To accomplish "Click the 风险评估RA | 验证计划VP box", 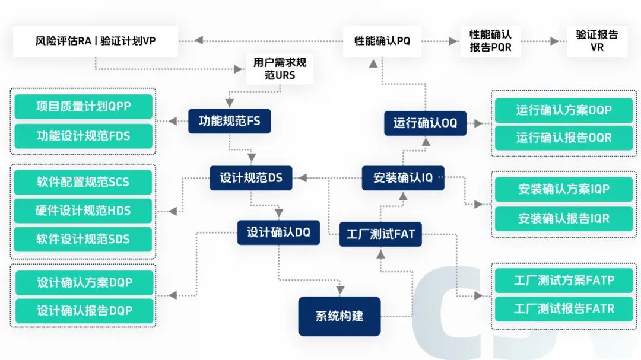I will coord(96,41).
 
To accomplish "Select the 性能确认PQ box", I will coord(382,41).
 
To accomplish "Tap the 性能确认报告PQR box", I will coord(490,41).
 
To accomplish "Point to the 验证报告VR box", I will coord(596,41).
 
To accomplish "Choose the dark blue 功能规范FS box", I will coord(229,122).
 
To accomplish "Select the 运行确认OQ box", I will coord(425,123).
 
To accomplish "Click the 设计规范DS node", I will coord(251,178).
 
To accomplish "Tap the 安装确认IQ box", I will coord(403,178).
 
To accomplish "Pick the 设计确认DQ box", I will coord(278,232).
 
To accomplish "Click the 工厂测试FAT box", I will coord(380,234).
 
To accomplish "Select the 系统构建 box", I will coord(339,316).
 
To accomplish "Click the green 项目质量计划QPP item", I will coord(83,107).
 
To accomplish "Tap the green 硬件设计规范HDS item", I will coord(83,211).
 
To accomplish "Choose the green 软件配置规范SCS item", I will coord(83,182).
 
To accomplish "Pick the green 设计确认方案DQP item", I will coord(83,282).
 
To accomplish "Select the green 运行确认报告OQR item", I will coord(563,138).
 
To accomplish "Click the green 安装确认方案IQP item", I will coord(563,189).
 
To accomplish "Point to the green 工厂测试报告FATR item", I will coord(563,308).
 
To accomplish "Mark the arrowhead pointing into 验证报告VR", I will coord(555,41).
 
